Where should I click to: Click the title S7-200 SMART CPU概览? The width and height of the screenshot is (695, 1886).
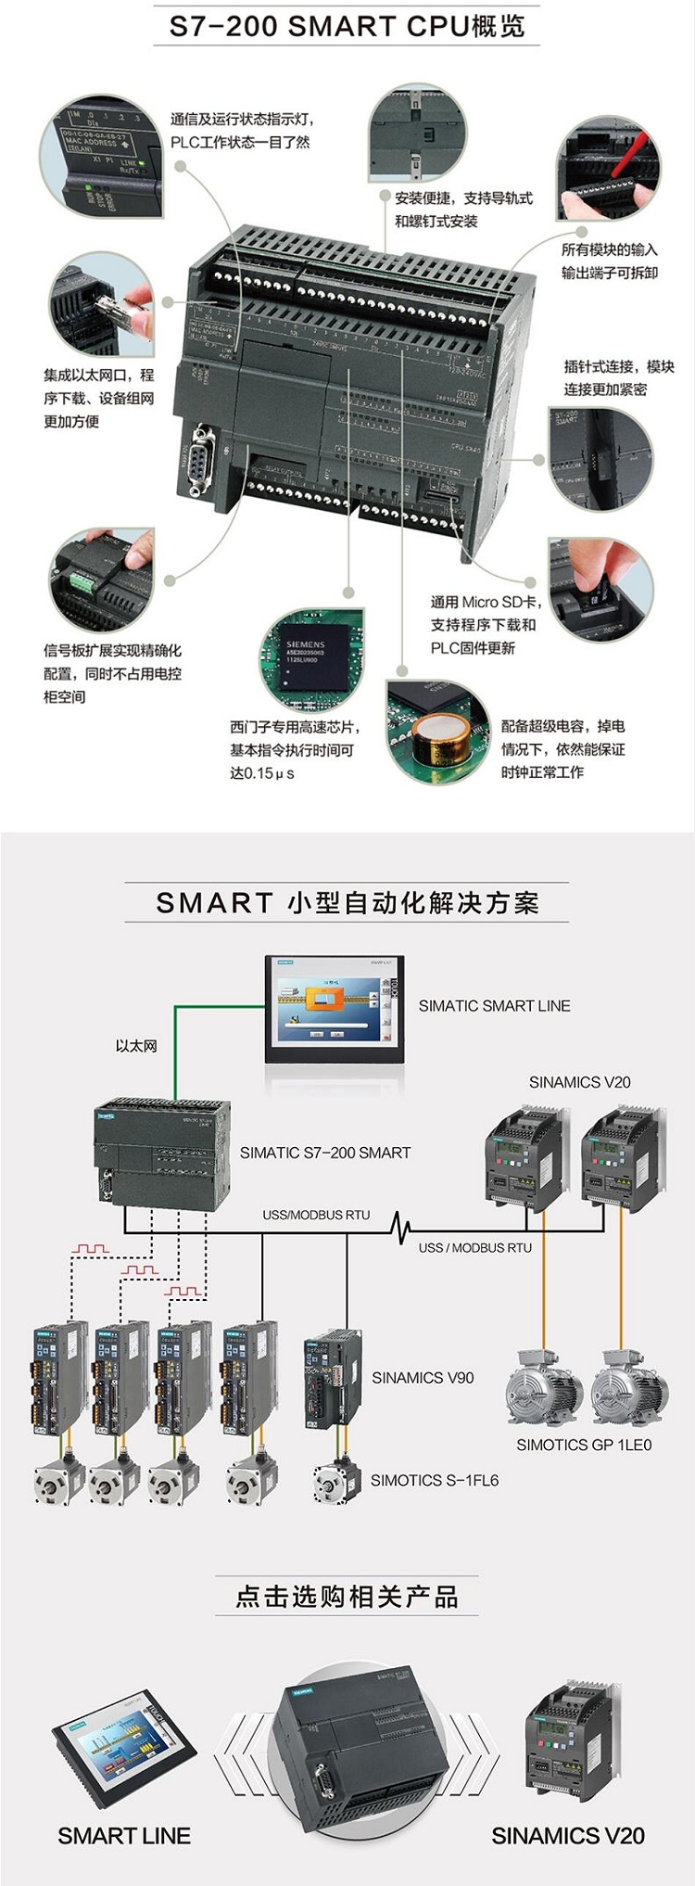point(347,26)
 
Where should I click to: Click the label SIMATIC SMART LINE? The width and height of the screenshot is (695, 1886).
point(494,1006)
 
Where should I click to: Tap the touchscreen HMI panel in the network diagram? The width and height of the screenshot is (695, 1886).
point(335,1009)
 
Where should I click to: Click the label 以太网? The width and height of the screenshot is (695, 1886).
point(136,1046)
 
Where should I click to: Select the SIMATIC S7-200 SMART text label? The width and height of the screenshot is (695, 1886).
point(325,1153)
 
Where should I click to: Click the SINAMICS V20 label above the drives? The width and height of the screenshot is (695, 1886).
point(579,1082)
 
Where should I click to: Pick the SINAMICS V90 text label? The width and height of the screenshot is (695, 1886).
point(423,1378)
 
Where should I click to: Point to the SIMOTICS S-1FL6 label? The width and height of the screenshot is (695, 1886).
point(435,1481)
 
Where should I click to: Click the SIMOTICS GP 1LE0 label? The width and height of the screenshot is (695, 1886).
point(584,1445)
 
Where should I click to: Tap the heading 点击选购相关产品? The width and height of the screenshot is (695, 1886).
point(347,1597)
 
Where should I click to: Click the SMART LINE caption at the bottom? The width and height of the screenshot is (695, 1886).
point(124,1836)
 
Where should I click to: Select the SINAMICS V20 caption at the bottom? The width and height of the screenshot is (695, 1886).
point(568,1836)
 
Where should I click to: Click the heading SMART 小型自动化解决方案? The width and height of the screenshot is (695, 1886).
point(347,903)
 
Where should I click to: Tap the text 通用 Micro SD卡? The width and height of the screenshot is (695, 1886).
point(485,602)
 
